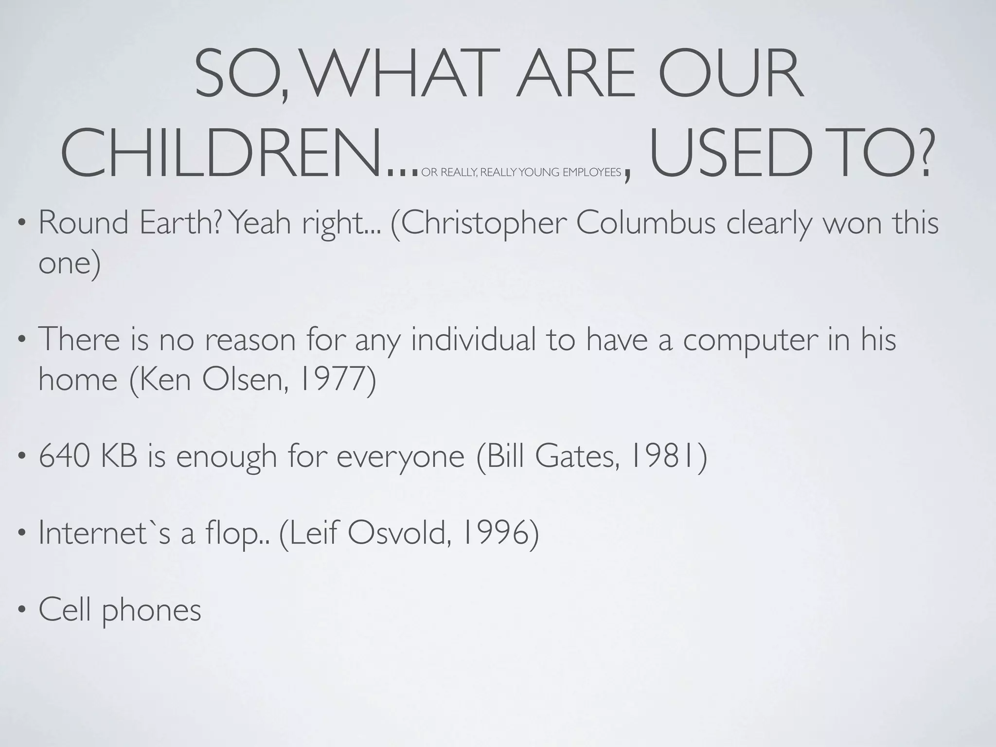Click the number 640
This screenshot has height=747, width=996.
tap(64, 457)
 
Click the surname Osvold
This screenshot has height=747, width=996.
tap(397, 533)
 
